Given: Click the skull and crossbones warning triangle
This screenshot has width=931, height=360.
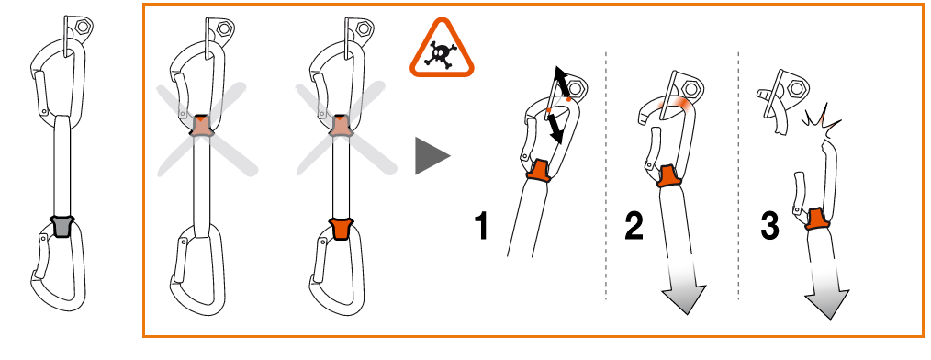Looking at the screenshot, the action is pos(441,50).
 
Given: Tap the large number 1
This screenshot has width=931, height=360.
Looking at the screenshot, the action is pos(481,226).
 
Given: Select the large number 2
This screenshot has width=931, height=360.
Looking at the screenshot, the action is pos(634,226).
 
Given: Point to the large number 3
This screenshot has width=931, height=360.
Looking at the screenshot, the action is pos(769,226).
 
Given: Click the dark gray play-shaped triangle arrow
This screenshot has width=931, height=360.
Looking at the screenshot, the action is pos(432,156).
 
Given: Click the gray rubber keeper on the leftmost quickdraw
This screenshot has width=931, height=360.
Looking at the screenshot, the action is pos(62,226).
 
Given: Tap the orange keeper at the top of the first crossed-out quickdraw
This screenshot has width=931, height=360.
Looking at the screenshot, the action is pos(202,125).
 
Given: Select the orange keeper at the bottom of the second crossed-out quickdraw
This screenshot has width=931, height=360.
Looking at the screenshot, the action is pos(341,229).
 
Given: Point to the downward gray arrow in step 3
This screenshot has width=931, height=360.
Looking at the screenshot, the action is pos(826,291).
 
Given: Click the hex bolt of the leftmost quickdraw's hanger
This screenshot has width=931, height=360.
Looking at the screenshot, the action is pos(82,27).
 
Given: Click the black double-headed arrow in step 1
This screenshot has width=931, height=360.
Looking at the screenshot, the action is pos(557,105).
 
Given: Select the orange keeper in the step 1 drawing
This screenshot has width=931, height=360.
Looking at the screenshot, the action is pos(539,171).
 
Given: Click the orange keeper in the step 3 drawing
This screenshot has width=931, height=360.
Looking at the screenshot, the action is pos(817,219).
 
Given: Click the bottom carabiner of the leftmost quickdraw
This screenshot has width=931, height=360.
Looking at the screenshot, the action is pos(58,270).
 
